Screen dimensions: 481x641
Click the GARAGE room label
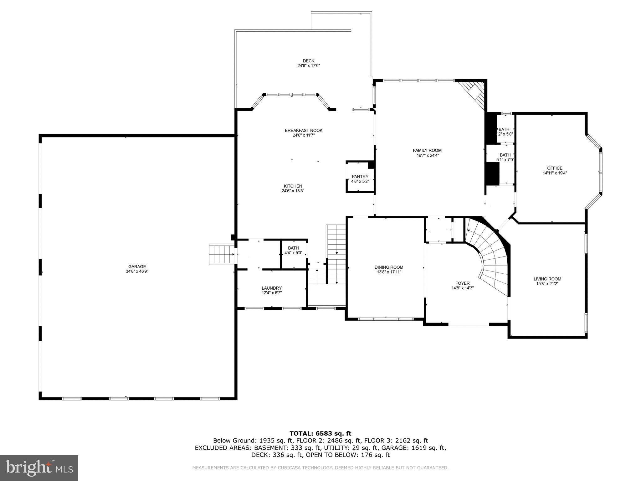(x=137, y=266)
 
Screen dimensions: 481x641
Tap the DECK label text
(x=308, y=61)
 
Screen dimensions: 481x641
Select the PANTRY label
(x=360, y=177)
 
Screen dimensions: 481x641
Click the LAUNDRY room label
(x=271, y=288)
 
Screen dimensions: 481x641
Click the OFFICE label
(x=555, y=168)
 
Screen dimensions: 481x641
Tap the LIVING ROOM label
(x=547, y=279)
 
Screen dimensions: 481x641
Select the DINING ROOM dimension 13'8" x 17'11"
(x=389, y=272)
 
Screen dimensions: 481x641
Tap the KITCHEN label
(x=293, y=186)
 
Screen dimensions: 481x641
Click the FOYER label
(x=462, y=283)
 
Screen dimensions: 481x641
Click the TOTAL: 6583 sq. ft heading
(x=320, y=433)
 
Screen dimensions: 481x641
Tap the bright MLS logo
(x=39, y=468)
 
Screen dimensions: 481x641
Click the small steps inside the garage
(x=221, y=254)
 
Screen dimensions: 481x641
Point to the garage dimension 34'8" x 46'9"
(x=137, y=272)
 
